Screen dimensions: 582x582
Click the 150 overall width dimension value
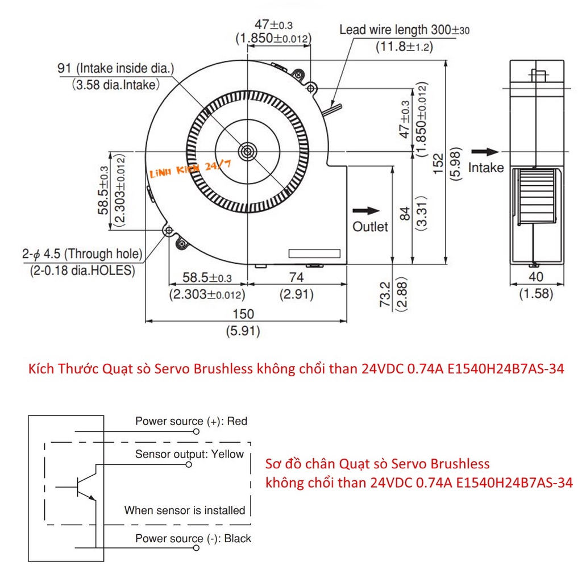pos(243,314)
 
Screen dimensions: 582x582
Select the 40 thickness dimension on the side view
pos(536,277)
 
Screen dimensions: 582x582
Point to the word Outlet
pos(370,227)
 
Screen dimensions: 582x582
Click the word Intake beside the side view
pos(486,168)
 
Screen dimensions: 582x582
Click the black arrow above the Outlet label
pos(365,210)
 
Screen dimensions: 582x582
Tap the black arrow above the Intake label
pos(484,152)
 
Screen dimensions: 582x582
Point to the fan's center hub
pos(248,151)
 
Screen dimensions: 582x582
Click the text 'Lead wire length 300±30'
pos(405,30)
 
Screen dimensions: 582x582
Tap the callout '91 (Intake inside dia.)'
pos(115,69)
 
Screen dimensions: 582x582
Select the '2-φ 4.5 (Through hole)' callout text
pos(82,253)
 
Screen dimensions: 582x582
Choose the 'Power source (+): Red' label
pos(191,421)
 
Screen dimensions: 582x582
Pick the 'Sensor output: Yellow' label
pos(189,454)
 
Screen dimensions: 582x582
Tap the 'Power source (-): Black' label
pos(193,538)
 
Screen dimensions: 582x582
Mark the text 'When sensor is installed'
pos(185,510)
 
